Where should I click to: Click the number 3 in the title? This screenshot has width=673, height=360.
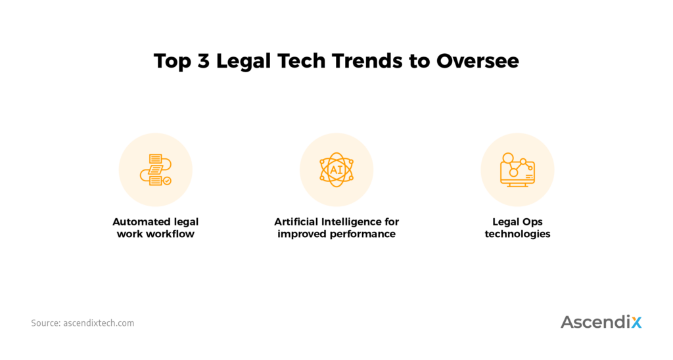(x=204, y=61)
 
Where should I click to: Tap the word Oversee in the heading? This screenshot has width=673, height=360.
(x=478, y=61)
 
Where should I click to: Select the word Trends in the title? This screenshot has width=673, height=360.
(x=367, y=61)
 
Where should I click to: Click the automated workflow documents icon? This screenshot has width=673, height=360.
(x=155, y=169)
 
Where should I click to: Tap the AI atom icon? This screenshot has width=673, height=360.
(x=336, y=169)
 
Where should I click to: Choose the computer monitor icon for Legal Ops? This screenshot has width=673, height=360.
(x=517, y=170)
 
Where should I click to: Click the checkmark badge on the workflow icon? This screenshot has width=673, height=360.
(x=167, y=181)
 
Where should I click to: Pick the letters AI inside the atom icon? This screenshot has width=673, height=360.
(x=336, y=170)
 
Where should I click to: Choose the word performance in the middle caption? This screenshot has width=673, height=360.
(x=361, y=235)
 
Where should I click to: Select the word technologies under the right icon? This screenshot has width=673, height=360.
(x=517, y=235)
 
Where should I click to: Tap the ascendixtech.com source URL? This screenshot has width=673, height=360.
(x=99, y=323)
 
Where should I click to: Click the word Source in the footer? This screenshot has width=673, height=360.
(x=45, y=323)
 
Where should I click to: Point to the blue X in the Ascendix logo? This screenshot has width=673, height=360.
(x=636, y=322)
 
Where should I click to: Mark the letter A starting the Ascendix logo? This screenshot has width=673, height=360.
(x=569, y=322)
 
